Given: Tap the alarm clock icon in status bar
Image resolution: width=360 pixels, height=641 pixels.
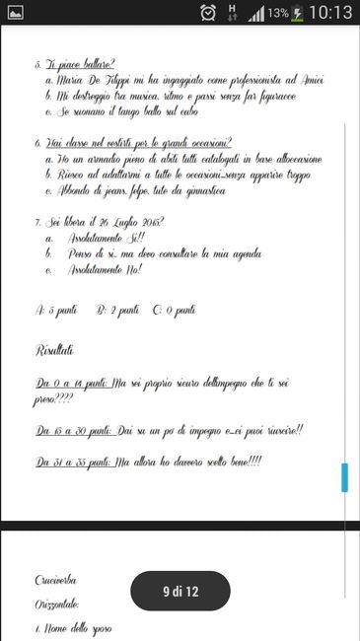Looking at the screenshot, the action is (208, 14).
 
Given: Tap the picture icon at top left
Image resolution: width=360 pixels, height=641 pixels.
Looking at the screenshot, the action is (16, 14).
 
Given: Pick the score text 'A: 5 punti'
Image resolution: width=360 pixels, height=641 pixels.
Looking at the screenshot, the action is (56, 311).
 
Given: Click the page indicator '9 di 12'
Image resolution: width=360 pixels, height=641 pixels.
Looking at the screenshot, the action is (180, 591).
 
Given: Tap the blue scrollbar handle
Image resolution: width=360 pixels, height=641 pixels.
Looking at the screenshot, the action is (344, 477).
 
